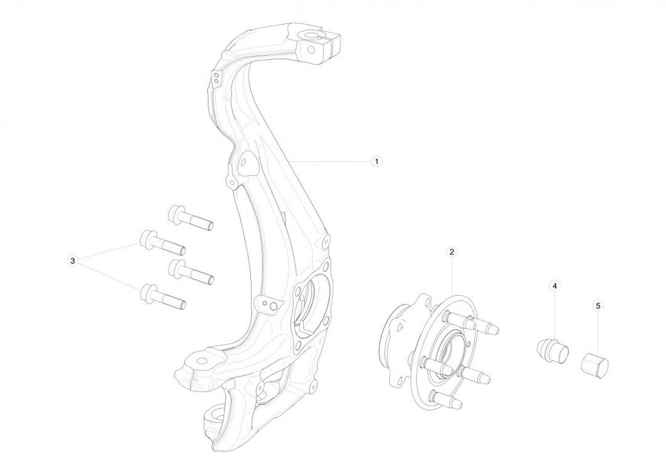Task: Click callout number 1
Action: coord(376,162)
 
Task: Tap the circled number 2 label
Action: coord(452,252)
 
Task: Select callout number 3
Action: coord(73,260)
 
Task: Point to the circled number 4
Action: coord(555,286)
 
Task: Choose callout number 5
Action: coord(598,305)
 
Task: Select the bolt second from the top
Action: coord(163,242)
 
